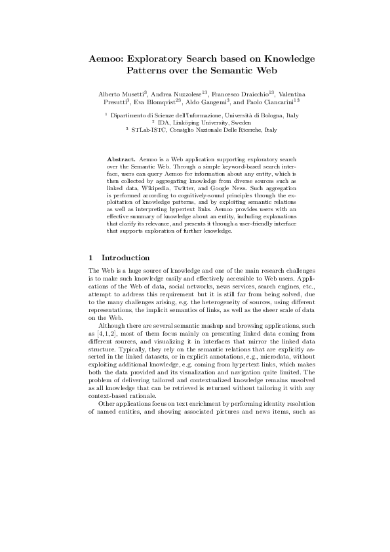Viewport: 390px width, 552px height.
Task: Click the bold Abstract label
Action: (121, 159)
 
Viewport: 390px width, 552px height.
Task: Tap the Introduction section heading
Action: (125, 258)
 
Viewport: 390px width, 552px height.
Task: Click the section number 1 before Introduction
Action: (90, 258)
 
